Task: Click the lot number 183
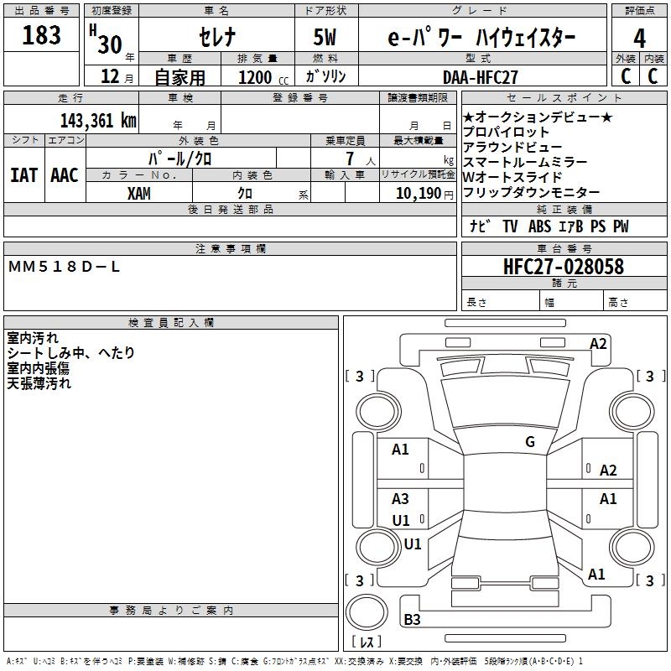point(42,36)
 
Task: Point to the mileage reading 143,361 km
point(98,120)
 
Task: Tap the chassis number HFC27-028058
point(564,267)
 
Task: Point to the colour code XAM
point(139,193)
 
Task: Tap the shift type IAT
point(23,174)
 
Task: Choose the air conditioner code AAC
point(65,174)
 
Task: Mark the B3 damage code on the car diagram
point(412,620)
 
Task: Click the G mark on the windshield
point(530,441)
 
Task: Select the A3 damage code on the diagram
point(401,499)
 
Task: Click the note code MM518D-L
point(65,266)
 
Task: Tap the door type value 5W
point(326,39)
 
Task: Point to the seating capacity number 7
point(347,159)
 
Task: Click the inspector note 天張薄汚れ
point(39,383)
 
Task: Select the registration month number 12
point(110,77)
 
